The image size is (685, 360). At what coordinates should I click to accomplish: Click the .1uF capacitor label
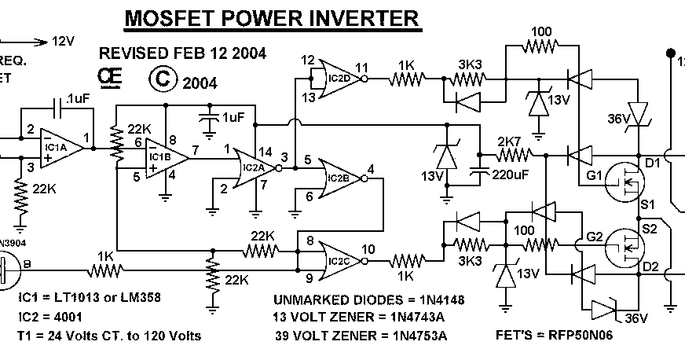tap(78, 99)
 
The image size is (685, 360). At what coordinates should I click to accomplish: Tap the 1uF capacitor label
tap(233, 116)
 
